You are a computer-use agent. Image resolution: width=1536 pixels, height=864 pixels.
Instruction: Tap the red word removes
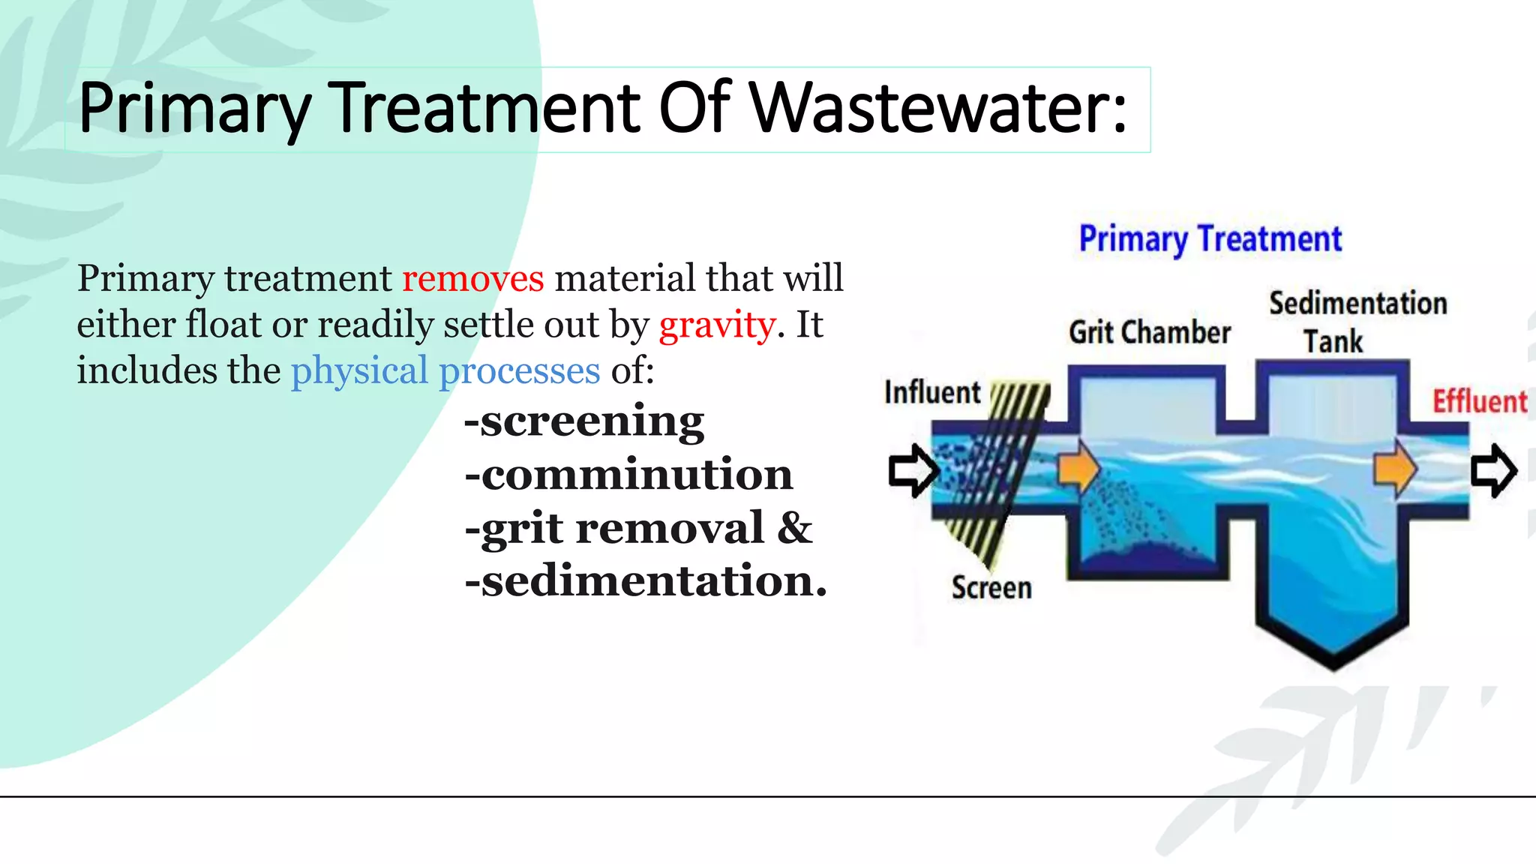pos(472,278)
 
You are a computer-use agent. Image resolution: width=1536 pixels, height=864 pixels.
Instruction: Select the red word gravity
pos(717,325)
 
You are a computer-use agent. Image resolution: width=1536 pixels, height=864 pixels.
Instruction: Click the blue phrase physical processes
pos(445,371)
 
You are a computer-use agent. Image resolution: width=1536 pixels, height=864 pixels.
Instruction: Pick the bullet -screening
pos(584,421)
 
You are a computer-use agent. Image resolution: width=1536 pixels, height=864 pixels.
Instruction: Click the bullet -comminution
pos(628,475)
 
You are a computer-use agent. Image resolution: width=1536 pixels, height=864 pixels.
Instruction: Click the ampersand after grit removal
pos(795,527)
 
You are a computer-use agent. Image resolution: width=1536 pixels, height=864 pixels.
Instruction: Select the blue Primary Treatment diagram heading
pos(1210,239)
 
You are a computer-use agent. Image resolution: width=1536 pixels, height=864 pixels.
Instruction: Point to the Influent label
pos(932,392)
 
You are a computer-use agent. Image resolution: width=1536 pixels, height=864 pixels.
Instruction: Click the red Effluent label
pos(1479,401)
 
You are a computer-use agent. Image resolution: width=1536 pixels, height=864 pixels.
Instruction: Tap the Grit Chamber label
pos(1150,332)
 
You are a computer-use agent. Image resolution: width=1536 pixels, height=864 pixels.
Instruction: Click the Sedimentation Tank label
pos(1357,322)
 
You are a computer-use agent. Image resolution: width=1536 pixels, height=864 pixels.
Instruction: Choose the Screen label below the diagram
pos(991,587)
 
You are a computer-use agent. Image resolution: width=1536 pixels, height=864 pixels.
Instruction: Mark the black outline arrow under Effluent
pos(1493,471)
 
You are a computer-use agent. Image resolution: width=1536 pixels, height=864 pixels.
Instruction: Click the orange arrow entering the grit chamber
pos(1078,469)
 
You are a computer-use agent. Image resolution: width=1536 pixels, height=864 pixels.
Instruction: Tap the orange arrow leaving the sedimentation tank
pos(1394,469)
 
